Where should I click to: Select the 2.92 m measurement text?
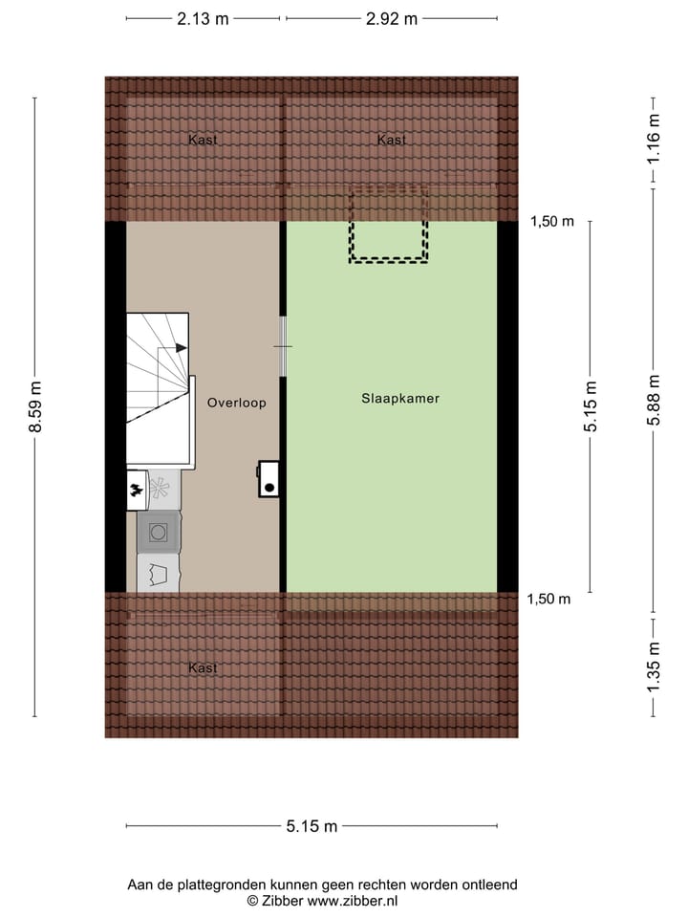[x=391, y=18]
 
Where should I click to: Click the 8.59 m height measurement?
[x=36, y=406]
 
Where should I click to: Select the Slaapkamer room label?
[x=400, y=399]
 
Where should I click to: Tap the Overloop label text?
[x=236, y=404]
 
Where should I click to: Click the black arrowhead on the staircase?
[x=182, y=349]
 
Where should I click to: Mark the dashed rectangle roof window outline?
[x=388, y=226]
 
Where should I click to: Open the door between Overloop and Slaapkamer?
[x=283, y=345]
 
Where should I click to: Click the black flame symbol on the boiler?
[x=136, y=490]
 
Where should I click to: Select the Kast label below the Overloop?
[x=203, y=667]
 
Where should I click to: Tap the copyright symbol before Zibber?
[x=253, y=900]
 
